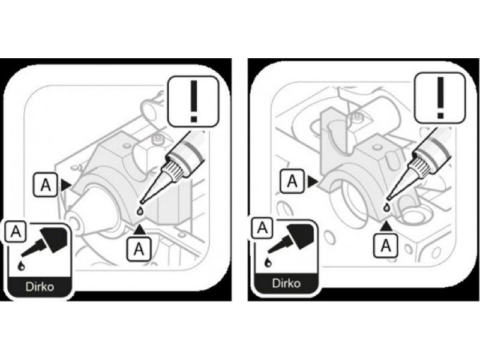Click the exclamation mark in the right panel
pos(440,97)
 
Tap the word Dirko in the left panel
pos(40,287)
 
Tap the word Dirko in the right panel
pos(286,283)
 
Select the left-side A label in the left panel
pos(46,185)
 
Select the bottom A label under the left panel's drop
pos(139,248)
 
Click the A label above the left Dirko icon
pos(16,232)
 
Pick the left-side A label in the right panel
pos(292,181)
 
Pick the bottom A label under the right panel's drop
pos(386,245)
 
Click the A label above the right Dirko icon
pos(262,228)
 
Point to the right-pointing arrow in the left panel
pos(65,185)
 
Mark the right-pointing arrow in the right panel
pos(313,181)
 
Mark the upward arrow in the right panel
pos(386,226)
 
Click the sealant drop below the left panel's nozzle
pos(140,211)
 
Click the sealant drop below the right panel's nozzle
pos(387,208)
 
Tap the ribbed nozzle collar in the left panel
pos(175,170)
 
